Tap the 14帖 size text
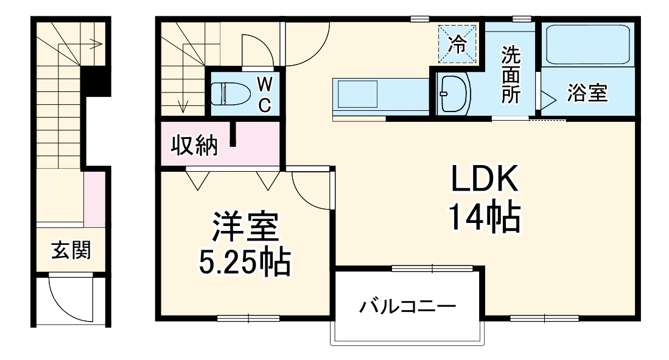coord(485,217)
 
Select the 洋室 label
coord(245,227)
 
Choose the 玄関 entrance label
coord(71,250)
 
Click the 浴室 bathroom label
coord(587,94)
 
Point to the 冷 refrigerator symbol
coord(456,41)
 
